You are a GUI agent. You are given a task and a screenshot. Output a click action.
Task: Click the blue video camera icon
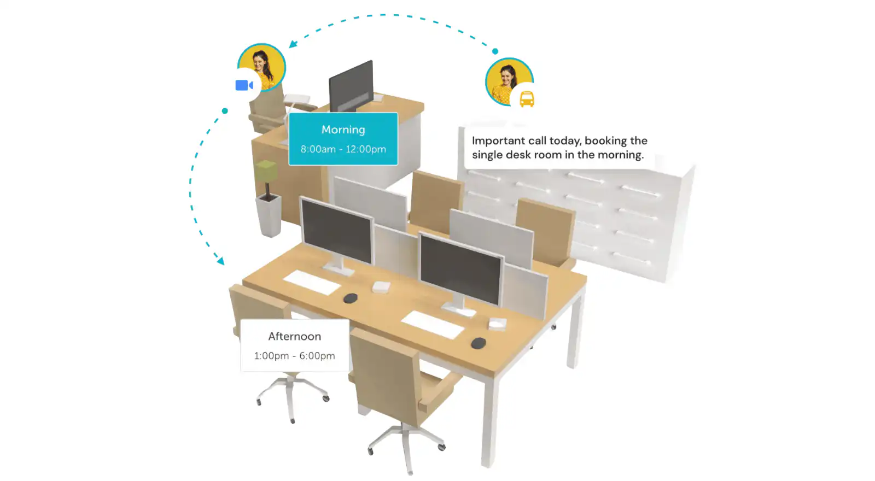[244, 85]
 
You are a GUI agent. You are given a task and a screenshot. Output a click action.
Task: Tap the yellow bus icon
[527, 99]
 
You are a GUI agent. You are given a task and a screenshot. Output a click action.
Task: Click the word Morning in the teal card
[343, 130]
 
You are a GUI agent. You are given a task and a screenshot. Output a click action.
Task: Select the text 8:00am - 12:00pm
[343, 149]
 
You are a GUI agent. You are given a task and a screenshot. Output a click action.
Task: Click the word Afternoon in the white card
[295, 336]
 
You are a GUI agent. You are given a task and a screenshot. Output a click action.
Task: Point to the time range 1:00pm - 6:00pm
[295, 356]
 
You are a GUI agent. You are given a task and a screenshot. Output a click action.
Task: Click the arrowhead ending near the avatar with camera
[293, 44]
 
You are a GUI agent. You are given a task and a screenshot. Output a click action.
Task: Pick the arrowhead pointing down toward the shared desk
[221, 260]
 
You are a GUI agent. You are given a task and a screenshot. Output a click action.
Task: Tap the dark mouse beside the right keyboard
[478, 343]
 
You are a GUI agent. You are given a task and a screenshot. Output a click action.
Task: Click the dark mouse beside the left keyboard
[351, 298]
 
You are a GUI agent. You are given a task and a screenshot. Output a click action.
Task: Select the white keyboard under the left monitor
[312, 282]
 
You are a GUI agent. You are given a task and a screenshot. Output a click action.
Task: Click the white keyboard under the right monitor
[433, 325]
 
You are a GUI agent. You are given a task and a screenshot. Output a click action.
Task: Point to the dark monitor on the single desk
[351, 86]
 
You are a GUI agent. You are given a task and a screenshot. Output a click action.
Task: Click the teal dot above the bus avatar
[495, 51]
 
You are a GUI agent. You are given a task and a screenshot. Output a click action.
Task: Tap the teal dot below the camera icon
[225, 111]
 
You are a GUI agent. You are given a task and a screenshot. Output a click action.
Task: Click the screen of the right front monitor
[460, 269]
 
